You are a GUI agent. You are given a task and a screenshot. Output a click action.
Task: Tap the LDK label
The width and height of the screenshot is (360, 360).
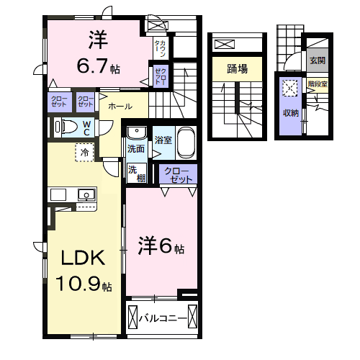click(77, 258)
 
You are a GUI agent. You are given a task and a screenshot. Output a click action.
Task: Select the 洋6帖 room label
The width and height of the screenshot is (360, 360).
click(161, 247)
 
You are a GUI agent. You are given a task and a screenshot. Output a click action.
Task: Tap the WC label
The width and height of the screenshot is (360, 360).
click(86, 127)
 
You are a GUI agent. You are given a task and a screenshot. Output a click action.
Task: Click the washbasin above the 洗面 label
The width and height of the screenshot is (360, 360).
click(135, 133)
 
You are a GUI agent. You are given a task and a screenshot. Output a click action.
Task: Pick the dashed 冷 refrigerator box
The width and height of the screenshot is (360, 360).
click(84, 153)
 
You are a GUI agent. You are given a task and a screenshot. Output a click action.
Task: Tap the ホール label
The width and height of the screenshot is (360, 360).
click(120, 106)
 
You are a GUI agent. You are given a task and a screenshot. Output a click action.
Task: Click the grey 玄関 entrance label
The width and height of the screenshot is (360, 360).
click(317, 60)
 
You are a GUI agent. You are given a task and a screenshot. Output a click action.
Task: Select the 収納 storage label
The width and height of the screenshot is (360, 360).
click(290, 113)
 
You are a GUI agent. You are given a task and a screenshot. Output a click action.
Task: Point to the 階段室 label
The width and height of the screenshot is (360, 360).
click(317, 84)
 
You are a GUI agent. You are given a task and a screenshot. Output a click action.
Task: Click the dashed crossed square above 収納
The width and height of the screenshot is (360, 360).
click(290, 89)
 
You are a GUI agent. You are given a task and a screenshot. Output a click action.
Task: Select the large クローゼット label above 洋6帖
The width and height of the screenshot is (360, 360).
click(178, 174)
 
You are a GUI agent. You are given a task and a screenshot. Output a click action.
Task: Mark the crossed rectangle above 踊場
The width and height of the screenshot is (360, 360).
click(225, 44)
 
